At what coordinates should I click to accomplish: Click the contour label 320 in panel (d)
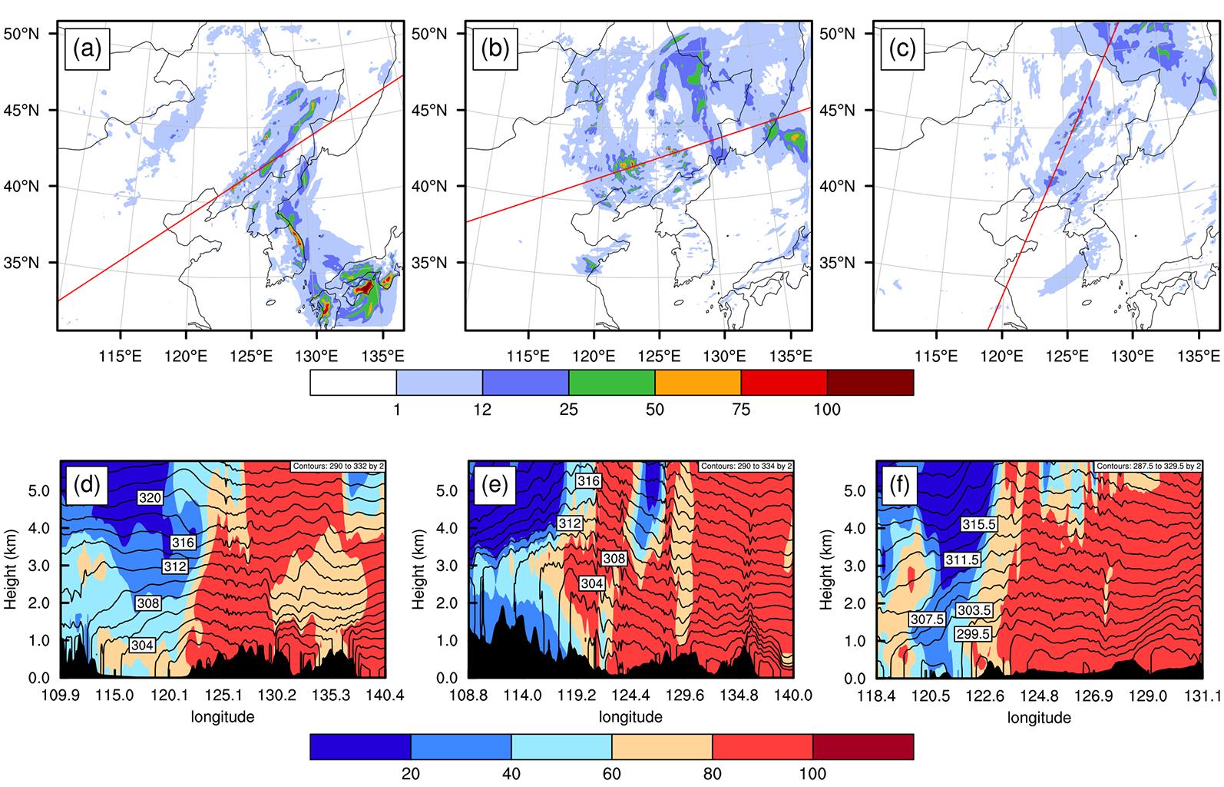point(151,498)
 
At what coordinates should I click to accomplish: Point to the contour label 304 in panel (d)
point(142,645)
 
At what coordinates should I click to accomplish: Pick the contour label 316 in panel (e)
point(587,480)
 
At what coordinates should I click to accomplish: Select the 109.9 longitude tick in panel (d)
point(61,696)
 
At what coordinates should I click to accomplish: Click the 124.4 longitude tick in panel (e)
point(632,696)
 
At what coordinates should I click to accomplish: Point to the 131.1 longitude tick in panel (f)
point(1202,696)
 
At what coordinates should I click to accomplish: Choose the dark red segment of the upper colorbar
point(870,383)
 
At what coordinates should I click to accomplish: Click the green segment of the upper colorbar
point(611,383)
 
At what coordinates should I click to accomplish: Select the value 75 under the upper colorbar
point(741,410)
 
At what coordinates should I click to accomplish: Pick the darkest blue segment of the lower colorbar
point(360,746)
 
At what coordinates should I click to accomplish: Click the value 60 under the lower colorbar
point(611,773)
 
